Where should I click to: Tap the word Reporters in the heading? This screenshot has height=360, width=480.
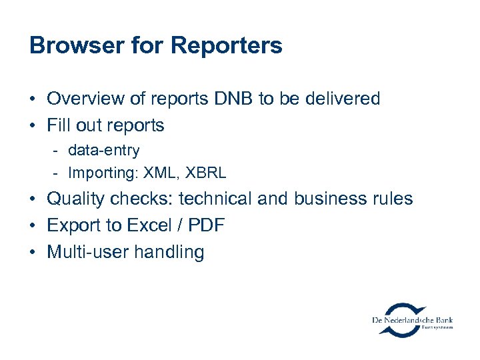tap(227, 45)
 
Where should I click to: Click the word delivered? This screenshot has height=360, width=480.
tap(342, 99)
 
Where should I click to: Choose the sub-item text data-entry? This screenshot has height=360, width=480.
tap(103, 151)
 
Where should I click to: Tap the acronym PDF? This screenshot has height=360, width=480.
tap(207, 225)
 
